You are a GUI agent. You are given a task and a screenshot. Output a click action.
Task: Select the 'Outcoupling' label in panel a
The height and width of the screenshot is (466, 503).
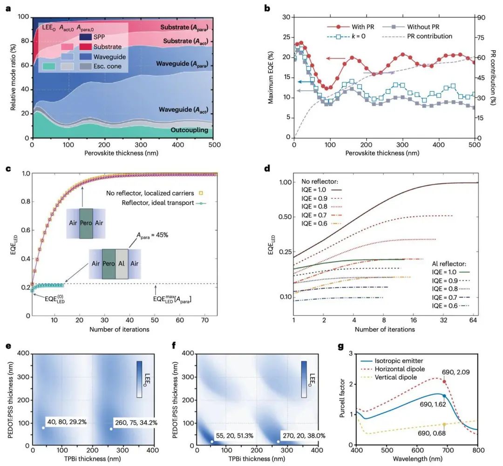(190, 130)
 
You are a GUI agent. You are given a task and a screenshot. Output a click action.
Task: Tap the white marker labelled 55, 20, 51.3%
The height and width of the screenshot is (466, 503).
(212, 441)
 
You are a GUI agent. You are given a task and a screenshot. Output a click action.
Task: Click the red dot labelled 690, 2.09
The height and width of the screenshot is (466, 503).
(444, 382)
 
